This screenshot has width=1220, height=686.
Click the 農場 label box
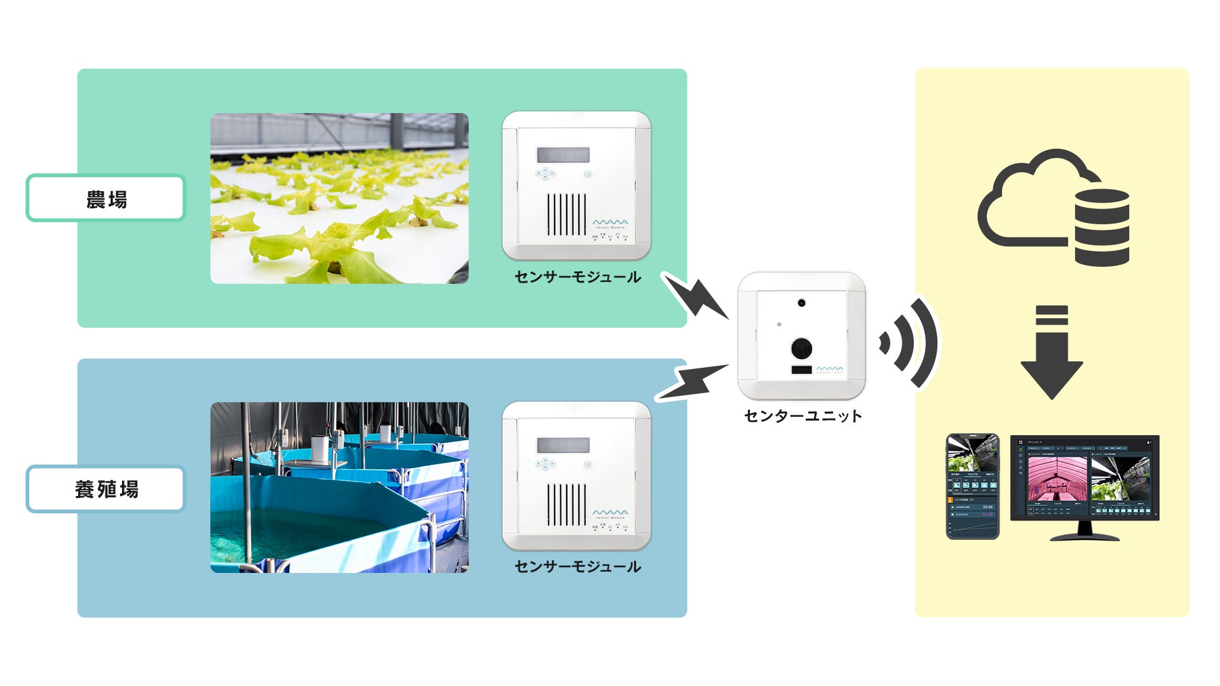point(105,198)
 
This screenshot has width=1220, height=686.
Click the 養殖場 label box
point(105,488)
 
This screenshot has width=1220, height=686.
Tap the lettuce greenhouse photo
point(339,198)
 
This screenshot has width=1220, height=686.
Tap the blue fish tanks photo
point(339,487)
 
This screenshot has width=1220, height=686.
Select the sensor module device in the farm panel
point(576,185)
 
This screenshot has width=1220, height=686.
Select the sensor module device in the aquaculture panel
point(576,476)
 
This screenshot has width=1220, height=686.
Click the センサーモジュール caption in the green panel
point(577,277)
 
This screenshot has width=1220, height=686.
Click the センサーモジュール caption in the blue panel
point(577,567)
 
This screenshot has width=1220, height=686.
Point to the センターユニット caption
point(803,416)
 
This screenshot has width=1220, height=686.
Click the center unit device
point(801,335)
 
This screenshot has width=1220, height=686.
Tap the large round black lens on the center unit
point(801,347)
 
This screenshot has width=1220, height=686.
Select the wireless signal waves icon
point(909,343)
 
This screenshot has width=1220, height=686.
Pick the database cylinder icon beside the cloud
point(1102,227)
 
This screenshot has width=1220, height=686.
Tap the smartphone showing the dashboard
point(972,487)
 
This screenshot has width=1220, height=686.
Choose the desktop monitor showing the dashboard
point(1085,486)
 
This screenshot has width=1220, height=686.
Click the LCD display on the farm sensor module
point(563,155)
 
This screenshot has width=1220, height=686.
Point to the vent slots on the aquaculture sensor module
point(567,505)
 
